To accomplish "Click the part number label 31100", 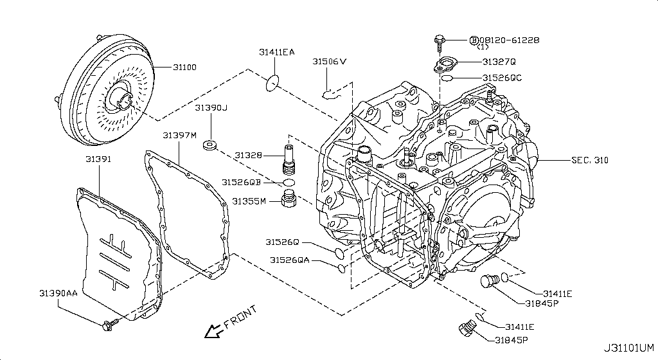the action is click(x=184, y=67).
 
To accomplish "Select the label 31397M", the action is click(x=180, y=135).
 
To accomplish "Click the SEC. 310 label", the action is click(x=590, y=160).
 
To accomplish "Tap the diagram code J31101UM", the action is click(x=628, y=348).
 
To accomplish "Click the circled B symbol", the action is click(x=474, y=40).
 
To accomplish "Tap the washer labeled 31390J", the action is click(x=210, y=145).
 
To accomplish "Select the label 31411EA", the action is click(x=276, y=52).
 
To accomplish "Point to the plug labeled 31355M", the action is click(x=289, y=198).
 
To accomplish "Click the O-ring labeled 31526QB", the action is click(x=289, y=183).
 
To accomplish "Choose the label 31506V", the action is click(x=330, y=62).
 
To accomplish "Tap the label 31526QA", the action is click(x=290, y=260).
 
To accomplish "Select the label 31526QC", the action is click(x=502, y=78).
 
